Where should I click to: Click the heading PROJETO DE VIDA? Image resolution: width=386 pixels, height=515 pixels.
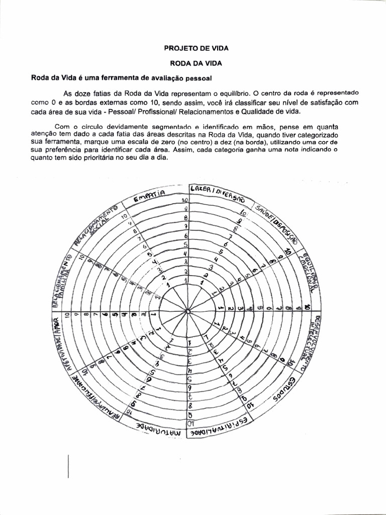(x=197, y=49)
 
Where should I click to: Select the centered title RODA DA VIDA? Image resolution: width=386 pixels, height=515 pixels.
(x=197, y=64)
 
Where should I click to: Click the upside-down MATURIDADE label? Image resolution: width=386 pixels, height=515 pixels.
(x=157, y=426)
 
